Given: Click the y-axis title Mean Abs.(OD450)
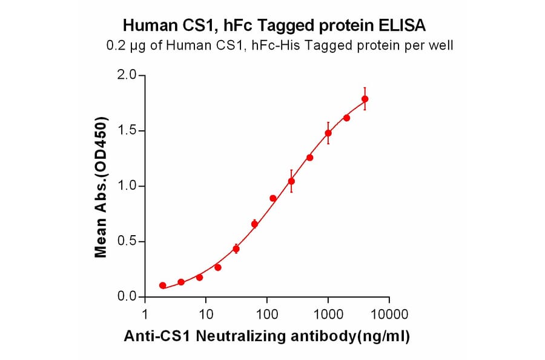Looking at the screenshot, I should pos(101,186).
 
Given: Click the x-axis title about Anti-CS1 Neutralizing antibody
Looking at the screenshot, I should pos(266,336).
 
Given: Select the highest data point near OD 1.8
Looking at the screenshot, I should pos(365,99).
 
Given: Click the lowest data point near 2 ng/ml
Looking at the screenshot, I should pos(163,285).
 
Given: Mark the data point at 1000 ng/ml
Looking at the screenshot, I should pos(328,133).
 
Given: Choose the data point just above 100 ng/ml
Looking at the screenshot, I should pos(273,198).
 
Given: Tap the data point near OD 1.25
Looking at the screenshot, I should pos(310,158).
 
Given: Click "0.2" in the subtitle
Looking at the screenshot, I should pos(116,45).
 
